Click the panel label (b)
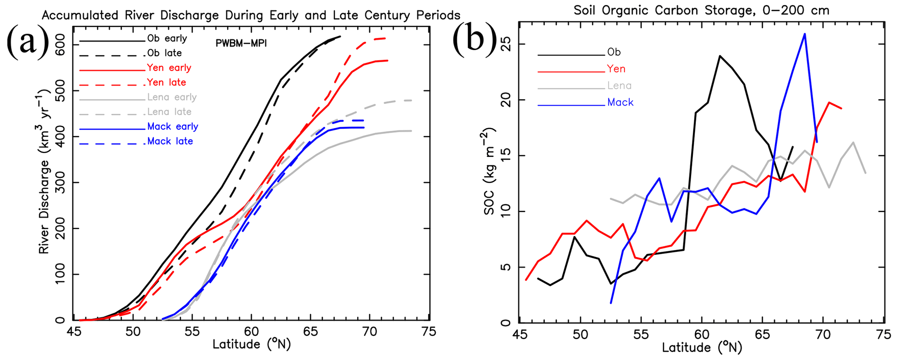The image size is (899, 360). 475,41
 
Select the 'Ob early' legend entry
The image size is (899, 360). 167,38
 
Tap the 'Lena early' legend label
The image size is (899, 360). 172,97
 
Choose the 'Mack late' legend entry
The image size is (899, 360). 170,141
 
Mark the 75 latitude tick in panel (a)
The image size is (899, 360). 429,332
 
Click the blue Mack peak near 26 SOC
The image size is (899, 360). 805,34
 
